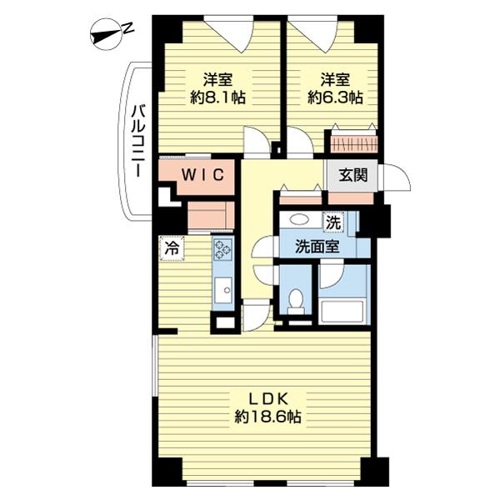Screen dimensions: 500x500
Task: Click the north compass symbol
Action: [106, 34]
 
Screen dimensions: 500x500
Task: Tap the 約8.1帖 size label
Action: [218, 97]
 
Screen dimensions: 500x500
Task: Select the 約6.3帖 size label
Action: [335, 97]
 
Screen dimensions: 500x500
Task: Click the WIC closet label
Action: [202, 174]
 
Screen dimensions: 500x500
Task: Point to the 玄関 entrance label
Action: [353, 175]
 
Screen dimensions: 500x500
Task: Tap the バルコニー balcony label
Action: [138, 141]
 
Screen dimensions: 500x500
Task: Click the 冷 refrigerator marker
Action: [172, 248]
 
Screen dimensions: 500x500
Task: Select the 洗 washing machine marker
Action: [333, 222]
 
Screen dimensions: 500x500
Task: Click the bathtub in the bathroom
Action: [342, 312]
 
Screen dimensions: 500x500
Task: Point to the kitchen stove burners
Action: [223, 248]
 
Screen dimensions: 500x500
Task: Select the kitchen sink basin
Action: [222, 290]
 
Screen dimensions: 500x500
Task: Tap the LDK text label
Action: [268, 399]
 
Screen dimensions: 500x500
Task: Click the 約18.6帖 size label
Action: [267, 416]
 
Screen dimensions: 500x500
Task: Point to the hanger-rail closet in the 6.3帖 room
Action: [354, 144]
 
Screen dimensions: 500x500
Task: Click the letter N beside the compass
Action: [128, 28]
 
